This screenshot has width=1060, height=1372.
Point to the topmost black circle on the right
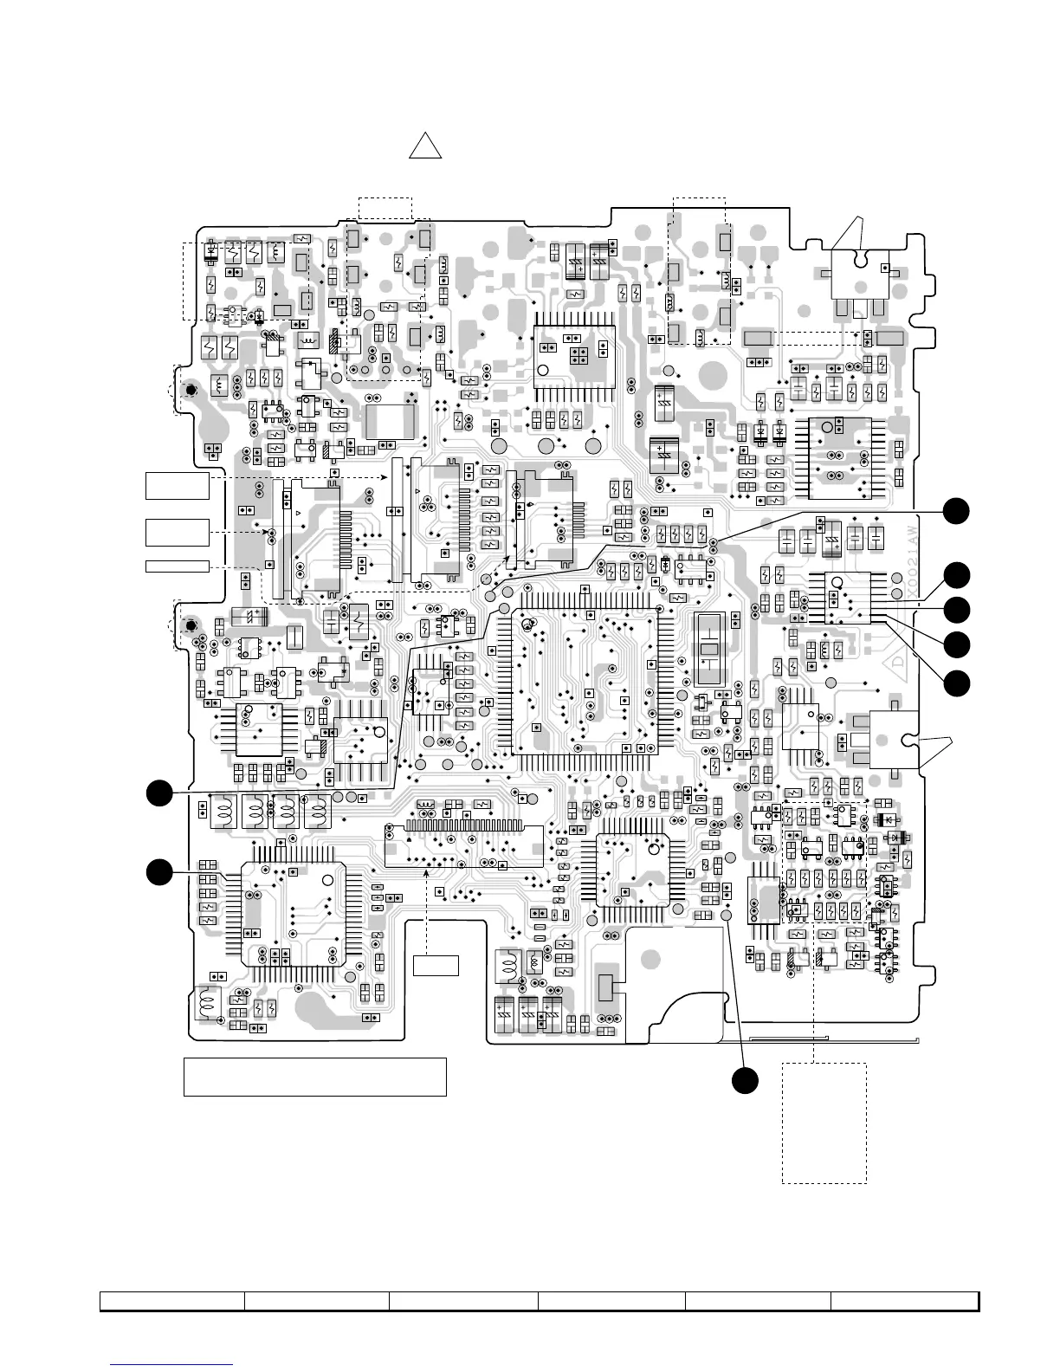pyautogui.click(x=956, y=511)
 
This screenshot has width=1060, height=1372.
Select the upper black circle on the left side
pyautogui.click(x=158, y=793)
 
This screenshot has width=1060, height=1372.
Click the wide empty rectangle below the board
pyautogui.click(x=314, y=1076)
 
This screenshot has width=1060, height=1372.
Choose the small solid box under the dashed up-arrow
pyautogui.click(x=435, y=964)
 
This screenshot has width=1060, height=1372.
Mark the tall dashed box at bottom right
pyautogui.click(x=824, y=1123)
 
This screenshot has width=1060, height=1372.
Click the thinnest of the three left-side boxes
pyautogui.click(x=178, y=566)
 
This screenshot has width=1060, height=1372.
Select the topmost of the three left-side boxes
pyautogui.click(x=178, y=485)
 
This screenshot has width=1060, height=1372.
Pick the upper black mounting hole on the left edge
pyautogui.click(x=190, y=392)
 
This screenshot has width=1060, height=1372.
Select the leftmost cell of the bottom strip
pyautogui.click(x=171, y=1302)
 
